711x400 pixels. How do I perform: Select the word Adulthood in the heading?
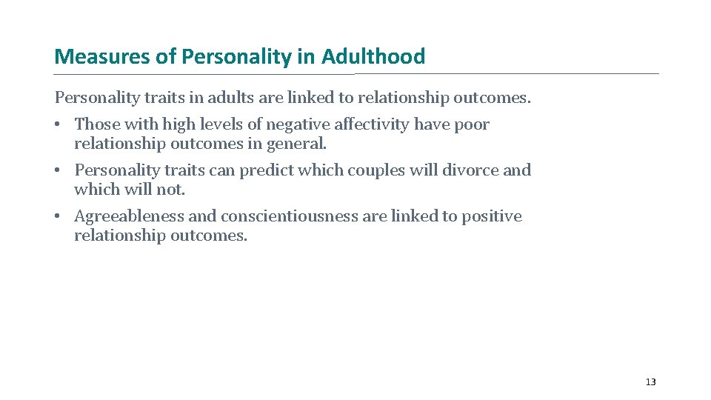tap(373, 56)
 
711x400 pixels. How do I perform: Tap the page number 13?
tap(650, 382)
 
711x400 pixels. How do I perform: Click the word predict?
tap(265, 170)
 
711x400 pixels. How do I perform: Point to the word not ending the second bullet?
tap(173, 190)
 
